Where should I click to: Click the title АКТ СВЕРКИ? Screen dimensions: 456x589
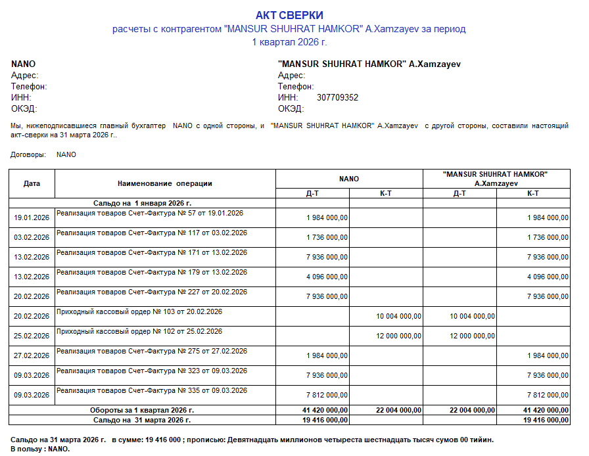tap(289, 15)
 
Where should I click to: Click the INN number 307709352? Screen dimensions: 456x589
tap(337, 97)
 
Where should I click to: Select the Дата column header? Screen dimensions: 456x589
tap(32, 183)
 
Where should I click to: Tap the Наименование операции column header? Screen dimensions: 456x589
tap(165, 183)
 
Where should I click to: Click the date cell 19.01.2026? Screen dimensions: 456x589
tap(32, 217)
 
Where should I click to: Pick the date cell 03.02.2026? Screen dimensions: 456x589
tap(32, 237)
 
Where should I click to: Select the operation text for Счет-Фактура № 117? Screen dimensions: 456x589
tap(152, 233)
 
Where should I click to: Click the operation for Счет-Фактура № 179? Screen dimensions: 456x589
tap(152, 272)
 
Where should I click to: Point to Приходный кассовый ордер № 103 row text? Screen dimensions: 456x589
tap(139, 311)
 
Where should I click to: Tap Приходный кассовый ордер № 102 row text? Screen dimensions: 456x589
tap(139, 331)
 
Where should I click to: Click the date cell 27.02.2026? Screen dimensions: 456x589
tap(32, 355)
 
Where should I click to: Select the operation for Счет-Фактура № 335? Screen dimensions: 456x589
tap(152, 390)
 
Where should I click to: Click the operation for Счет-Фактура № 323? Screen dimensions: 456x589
tap(152, 371)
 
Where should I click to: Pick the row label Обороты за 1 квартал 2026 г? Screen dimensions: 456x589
tap(142, 410)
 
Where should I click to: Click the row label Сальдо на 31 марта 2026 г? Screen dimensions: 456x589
tap(142, 419)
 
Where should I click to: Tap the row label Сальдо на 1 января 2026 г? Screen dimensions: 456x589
tap(142, 203)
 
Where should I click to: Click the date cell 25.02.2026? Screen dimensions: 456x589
tap(32, 336)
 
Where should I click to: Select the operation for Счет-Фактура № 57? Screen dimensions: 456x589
tap(150, 213)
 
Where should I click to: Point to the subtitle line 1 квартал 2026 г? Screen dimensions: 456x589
tap(289, 42)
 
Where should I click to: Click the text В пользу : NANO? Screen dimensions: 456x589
tap(40, 449)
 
